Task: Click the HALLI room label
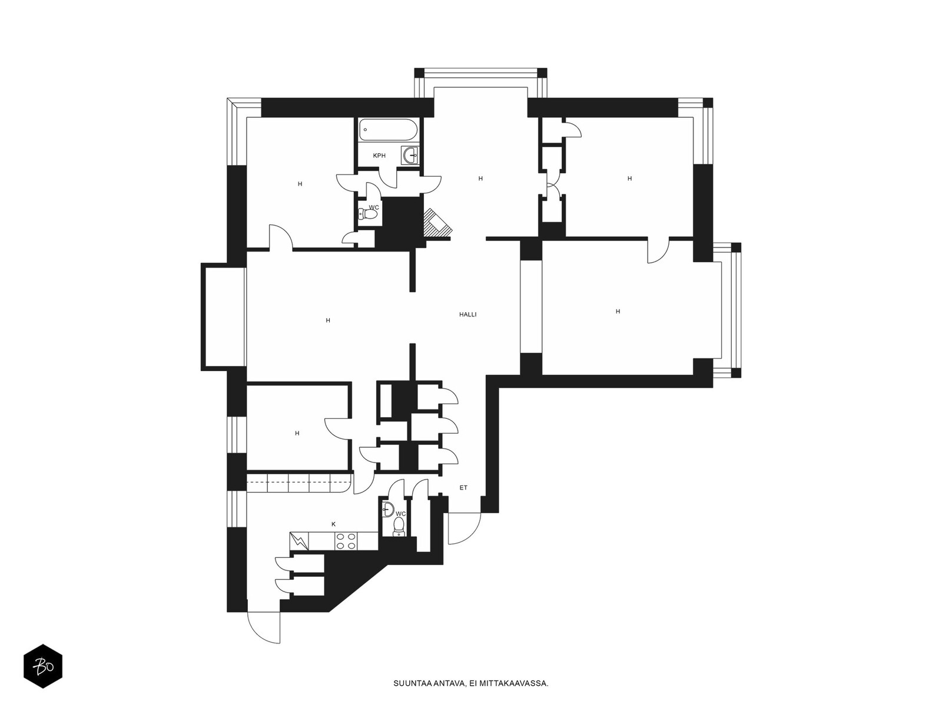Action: coord(467,315)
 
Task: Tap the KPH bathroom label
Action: coord(379,156)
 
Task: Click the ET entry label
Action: coord(463,488)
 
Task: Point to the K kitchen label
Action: coord(334,524)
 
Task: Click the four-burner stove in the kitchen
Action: coord(346,541)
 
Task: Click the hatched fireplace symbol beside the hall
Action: coord(436,223)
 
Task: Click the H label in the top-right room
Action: coord(629,179)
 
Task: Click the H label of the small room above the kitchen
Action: coord(297,433)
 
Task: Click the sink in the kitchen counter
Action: coord(299,541)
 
